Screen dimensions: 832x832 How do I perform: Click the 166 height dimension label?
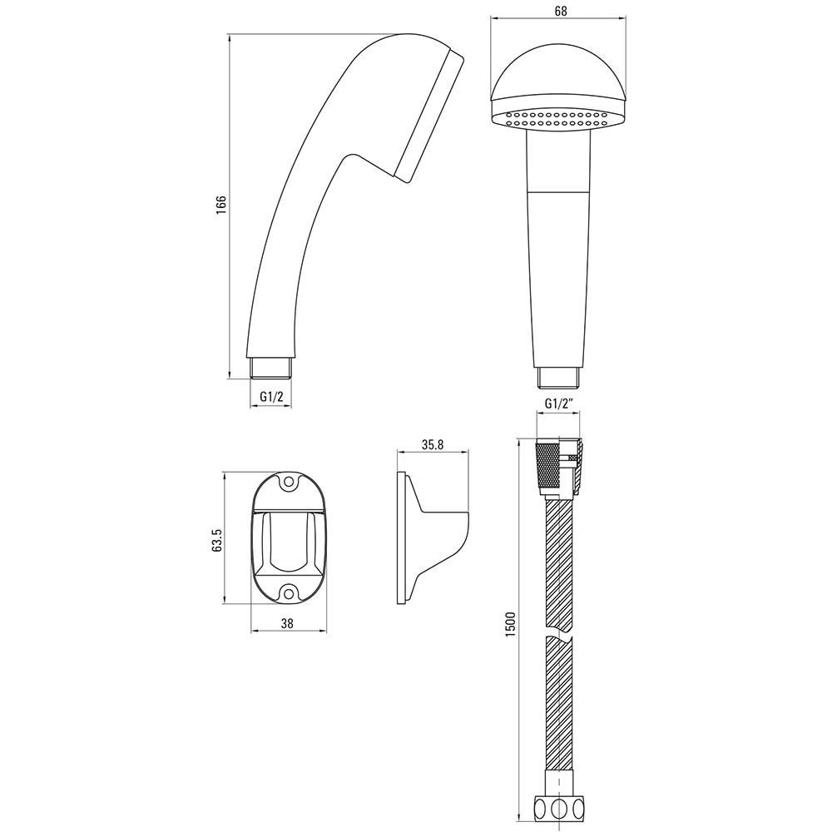point(220,206)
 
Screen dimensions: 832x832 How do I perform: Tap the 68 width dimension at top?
point(557,11)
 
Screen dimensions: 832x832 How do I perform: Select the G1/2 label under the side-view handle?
point(270,396)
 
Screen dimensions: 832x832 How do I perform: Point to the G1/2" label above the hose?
point(560,404)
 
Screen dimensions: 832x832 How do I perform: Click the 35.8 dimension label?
point(433,445)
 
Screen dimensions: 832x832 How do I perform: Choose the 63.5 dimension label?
point(216,540)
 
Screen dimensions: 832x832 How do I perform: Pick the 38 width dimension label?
point(287,623)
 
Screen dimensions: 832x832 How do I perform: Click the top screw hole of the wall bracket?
point(290,483)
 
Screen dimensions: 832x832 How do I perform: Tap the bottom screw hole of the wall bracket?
point(290,592)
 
